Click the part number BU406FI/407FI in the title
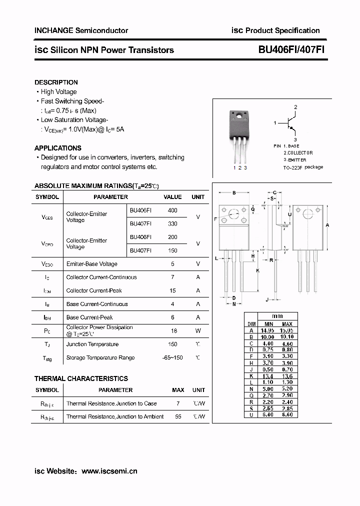pyautogui.click(x=292, y=50)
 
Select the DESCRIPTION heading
pyautogui.click(x=56, y=82)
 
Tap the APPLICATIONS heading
pyautogui.click(x=57, y=148)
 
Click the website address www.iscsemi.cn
pyautogui.click(x=109, y=471)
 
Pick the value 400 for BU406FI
pyautogui.click(x=172, y=210)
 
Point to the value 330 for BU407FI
pyautogui.click(x=172, y=224)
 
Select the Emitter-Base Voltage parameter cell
pyautogui.click(x=91, y=264)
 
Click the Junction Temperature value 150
pyautogui.click(x=172, y=344)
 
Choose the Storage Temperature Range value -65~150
pyautogui.click(x=172, y=358)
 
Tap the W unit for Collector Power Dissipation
pyautogui.click(x=198, y=331)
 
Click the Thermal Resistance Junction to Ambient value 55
pyautogui.click(x=178, y=417)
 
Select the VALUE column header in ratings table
pyautogui.click(x=172, y=197)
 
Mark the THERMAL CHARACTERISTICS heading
pyautogui.click(x=81, y=378)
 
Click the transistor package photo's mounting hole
pyautogui.click(x=238, y=118)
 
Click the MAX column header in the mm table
pyautogui.click(x=287, y=324)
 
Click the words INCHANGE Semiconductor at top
pyautogui.click(x=81, y=30)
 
